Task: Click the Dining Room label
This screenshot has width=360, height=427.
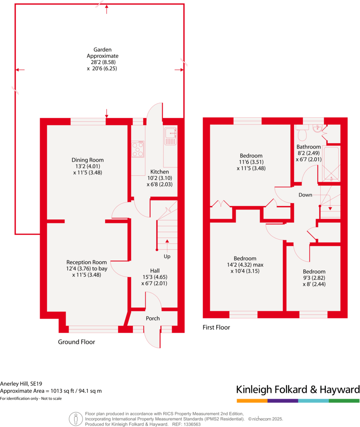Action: [87, 160]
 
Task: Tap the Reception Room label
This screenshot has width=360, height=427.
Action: [86, 262]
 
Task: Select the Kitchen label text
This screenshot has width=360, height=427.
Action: [160, 172]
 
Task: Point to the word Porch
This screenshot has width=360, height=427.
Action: [152, 318]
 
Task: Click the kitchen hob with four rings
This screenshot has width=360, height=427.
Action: [138, 149]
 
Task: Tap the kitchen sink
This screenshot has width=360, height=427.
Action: [170, 136]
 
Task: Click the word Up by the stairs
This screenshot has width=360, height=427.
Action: [167, 256]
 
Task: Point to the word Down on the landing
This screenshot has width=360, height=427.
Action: [305, 195]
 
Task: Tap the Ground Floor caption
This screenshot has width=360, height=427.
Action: [76, 342]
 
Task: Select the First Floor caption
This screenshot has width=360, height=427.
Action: [216, 328]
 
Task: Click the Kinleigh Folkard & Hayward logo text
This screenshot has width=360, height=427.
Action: [298, 389]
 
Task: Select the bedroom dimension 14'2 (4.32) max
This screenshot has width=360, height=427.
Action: [245, 265]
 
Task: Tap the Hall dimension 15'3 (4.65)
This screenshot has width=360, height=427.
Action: [155, 277]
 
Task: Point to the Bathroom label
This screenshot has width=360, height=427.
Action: [309, 147]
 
